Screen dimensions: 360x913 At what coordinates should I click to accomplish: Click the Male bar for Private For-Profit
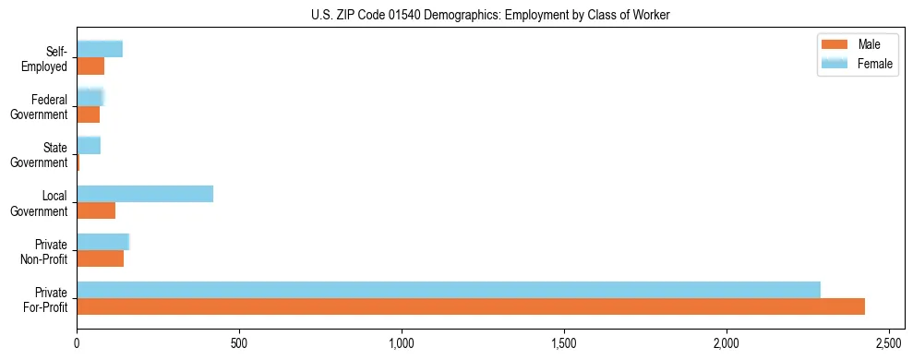tap(471, 306)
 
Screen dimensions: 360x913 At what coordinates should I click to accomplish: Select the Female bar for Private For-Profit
tap(449, 290)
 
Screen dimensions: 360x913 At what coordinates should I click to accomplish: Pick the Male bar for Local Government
tap(96, 210)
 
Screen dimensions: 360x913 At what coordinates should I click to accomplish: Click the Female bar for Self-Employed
tap(100, 50)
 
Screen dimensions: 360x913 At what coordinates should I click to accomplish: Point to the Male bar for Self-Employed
tap(90, 66)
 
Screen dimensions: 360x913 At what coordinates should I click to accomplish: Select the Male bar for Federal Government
tap(89, 114)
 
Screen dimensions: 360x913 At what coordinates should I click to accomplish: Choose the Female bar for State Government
tap(89, 146)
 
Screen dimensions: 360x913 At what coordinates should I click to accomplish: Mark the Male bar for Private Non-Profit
tap(101, 258)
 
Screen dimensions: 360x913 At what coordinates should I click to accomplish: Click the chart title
tap(490, 15)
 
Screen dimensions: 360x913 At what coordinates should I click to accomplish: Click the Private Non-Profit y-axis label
tap(47, 251)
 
